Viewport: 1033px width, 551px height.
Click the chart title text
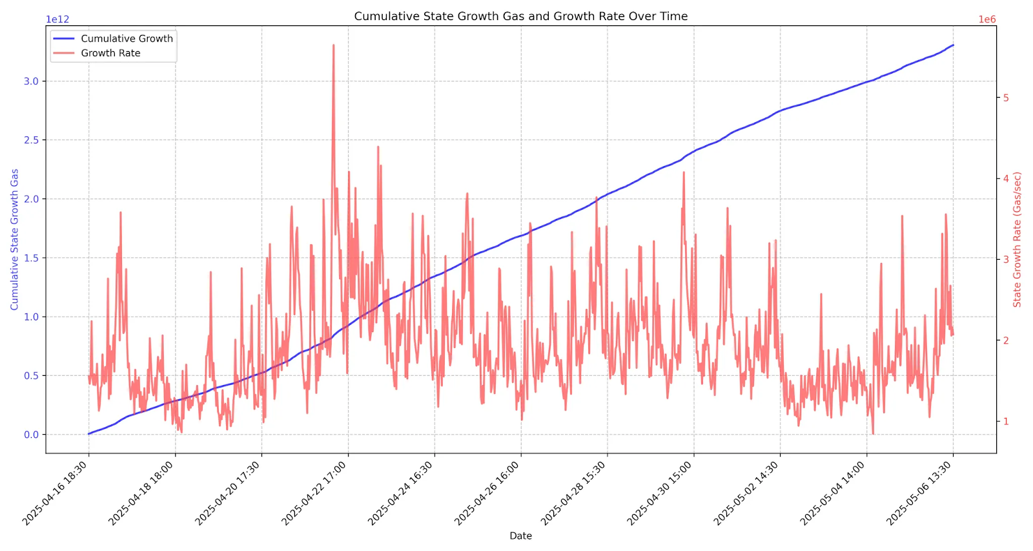tap(520, 16)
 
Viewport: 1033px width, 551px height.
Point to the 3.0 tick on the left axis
tap(31, 81)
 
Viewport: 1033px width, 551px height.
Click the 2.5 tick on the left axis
tap(31, 140)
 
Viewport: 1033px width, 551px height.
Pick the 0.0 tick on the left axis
tap(31, 435)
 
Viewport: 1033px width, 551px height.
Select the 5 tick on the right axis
tap(1006, 98)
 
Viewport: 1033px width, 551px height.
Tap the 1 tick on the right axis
tap(1006, 421)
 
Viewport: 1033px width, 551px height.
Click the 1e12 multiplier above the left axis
tap(57, 19)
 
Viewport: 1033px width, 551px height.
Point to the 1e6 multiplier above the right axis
tap(987, 19)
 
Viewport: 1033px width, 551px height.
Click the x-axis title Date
tap(520, 535)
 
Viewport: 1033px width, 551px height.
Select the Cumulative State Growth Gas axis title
tap(14, 239)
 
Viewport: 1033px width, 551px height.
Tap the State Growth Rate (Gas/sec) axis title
tap(1017, 239)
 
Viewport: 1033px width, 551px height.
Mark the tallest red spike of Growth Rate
tap(333, 45)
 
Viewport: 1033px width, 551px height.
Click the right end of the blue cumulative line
tap(953, 45)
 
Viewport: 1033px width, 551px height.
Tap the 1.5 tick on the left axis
tap(31, 258)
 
